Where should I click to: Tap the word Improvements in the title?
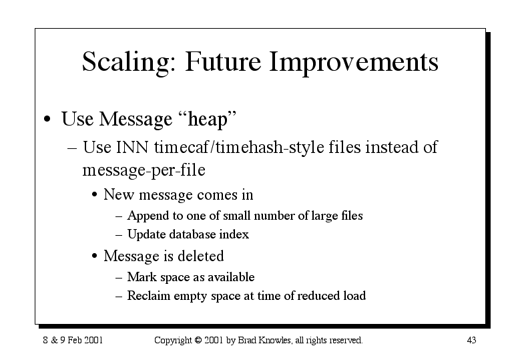coord(354,62)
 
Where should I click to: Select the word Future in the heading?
coord(223,61)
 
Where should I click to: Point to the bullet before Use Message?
coord(47,119)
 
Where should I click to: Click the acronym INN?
coord(132,148)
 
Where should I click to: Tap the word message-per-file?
coord(144,170)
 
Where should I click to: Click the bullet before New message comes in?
coord(95,194)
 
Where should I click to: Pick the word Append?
coord(148,216)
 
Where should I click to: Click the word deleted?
coord(201,256)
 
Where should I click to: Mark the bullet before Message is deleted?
coord(95,256)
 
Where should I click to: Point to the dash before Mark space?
coord(119,277)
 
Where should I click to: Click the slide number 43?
coord(471,340)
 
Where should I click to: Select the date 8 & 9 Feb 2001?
coord(73,340)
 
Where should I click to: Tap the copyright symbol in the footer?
coord(198,340)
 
